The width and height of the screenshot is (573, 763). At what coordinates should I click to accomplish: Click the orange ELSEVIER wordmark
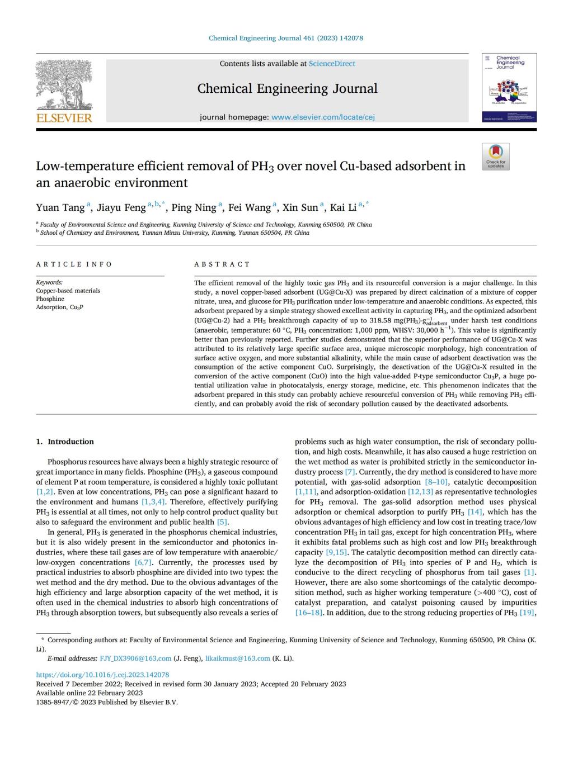[64, 118]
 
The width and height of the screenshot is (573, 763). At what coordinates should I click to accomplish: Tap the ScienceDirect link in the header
[332, 64]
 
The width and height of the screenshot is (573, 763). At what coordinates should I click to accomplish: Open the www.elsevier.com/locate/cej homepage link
[323, 117]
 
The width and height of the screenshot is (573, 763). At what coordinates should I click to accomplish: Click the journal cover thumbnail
[509, 88]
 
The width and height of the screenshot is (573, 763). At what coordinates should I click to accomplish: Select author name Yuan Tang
[60, 208]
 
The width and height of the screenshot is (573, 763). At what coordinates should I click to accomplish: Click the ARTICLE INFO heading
[74, 264]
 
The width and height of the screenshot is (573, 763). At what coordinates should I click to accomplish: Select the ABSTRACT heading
[222, 264]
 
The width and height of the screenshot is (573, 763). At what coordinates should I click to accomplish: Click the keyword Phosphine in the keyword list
[50, 299]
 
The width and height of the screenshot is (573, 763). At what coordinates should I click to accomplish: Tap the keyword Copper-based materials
[68, 291]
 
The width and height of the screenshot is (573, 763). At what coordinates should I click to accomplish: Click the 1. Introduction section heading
[65, 442]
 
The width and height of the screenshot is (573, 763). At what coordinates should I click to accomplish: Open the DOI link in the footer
[102, 675]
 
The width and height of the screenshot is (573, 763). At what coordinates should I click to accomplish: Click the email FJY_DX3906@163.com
[135, 658]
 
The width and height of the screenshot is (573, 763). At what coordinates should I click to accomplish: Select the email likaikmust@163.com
[237, 658]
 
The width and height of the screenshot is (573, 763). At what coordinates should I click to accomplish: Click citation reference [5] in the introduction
[222, 522]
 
